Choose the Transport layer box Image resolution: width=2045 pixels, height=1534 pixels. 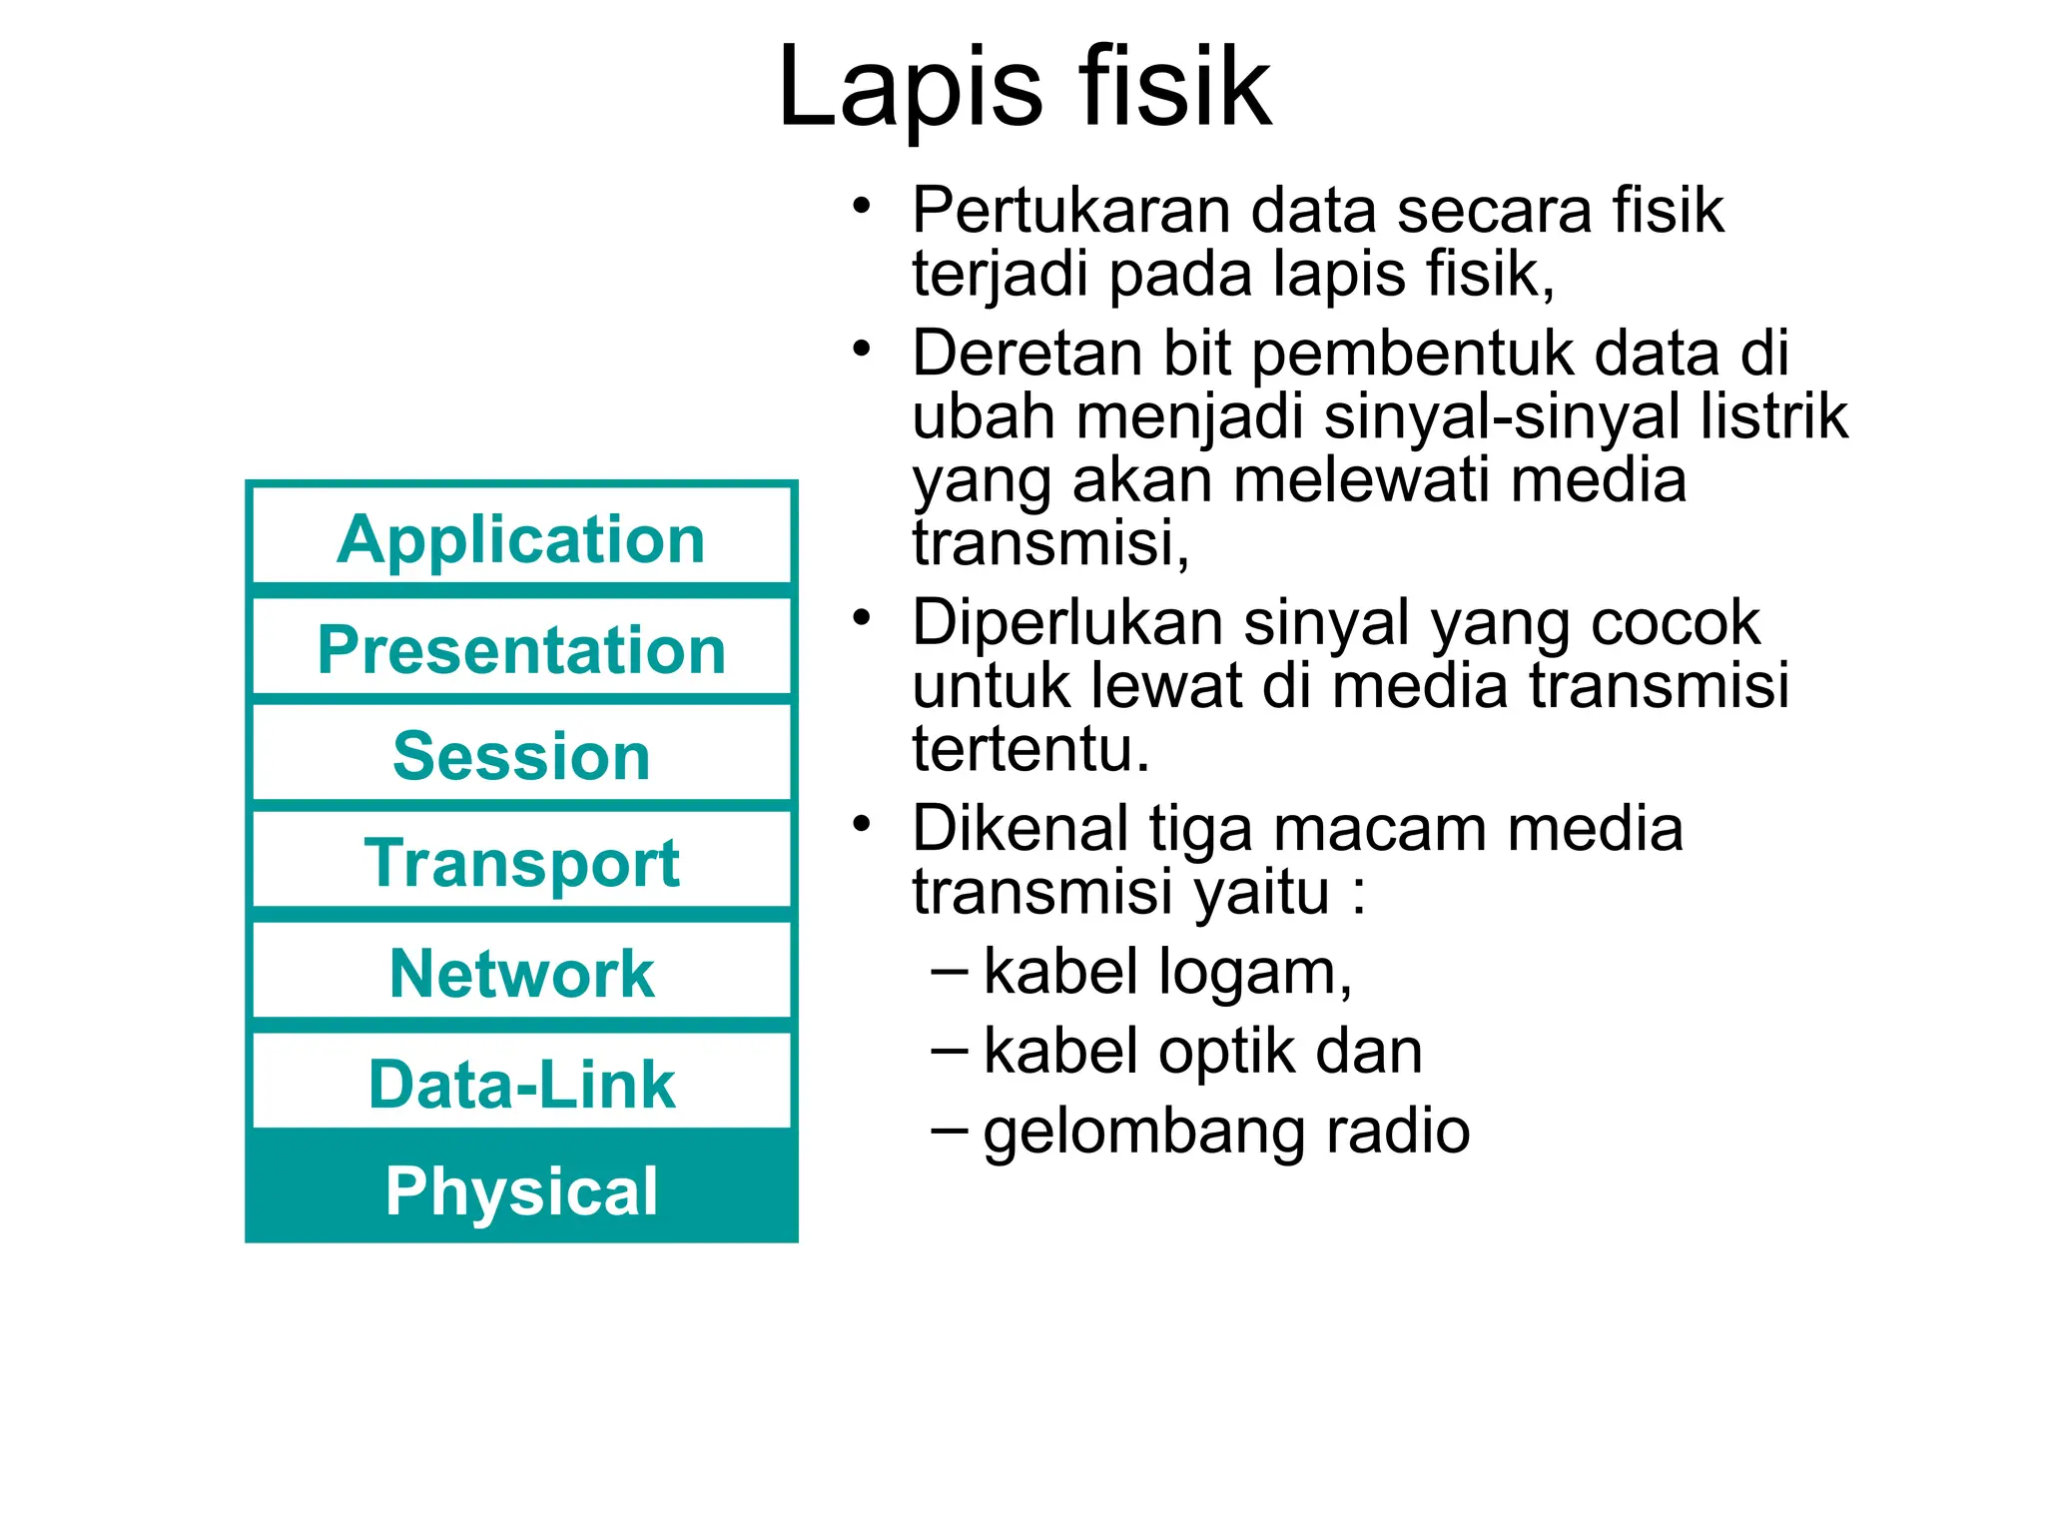521,862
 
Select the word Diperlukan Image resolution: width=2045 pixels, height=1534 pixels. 1066,623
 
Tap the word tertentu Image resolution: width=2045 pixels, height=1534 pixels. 1030,749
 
